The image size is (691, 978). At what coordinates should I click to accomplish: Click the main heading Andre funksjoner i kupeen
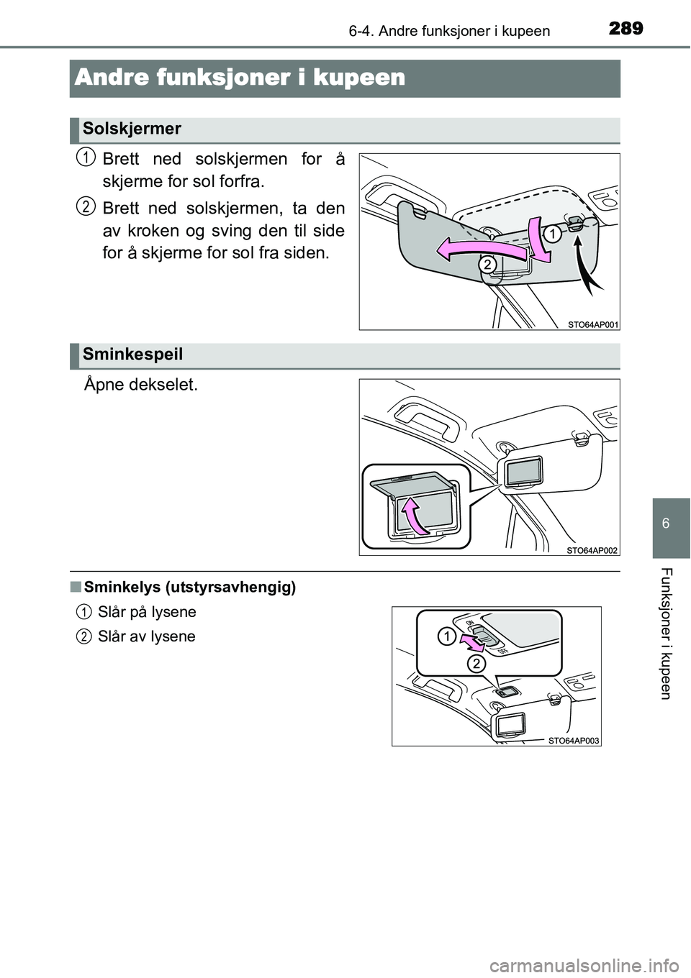pos(239,78)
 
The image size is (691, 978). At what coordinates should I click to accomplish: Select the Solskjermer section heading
pos(131,129)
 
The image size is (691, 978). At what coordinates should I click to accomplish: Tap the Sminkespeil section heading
pos(132,354)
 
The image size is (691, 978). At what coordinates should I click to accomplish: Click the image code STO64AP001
pos(590,324)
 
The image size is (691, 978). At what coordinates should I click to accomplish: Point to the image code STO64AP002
pos(590,549)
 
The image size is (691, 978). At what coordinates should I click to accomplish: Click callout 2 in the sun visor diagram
pos(487,265)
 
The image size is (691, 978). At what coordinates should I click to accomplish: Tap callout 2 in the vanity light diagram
pos(476,664)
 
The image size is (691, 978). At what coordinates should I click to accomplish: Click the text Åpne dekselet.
pos(132,385)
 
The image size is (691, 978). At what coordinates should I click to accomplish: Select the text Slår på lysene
pos(147,612)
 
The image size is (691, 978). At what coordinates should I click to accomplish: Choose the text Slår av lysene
pos(147,636)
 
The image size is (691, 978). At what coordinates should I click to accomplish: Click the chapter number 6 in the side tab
pos(672,523)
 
